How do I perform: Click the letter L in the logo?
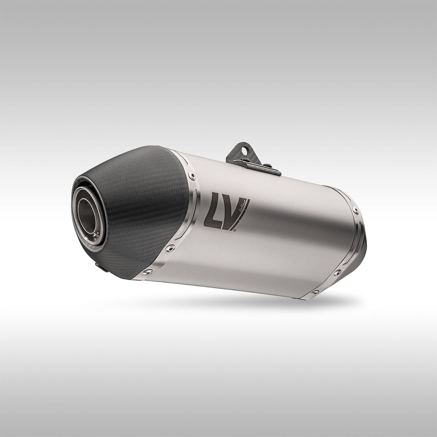tap(212, 210)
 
